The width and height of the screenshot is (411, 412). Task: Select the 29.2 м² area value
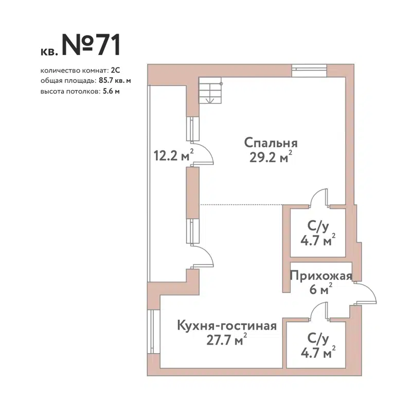tap(267, 157)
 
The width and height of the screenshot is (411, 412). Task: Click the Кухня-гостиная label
tap(227, 325)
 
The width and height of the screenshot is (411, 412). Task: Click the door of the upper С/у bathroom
tap(319, 198)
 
